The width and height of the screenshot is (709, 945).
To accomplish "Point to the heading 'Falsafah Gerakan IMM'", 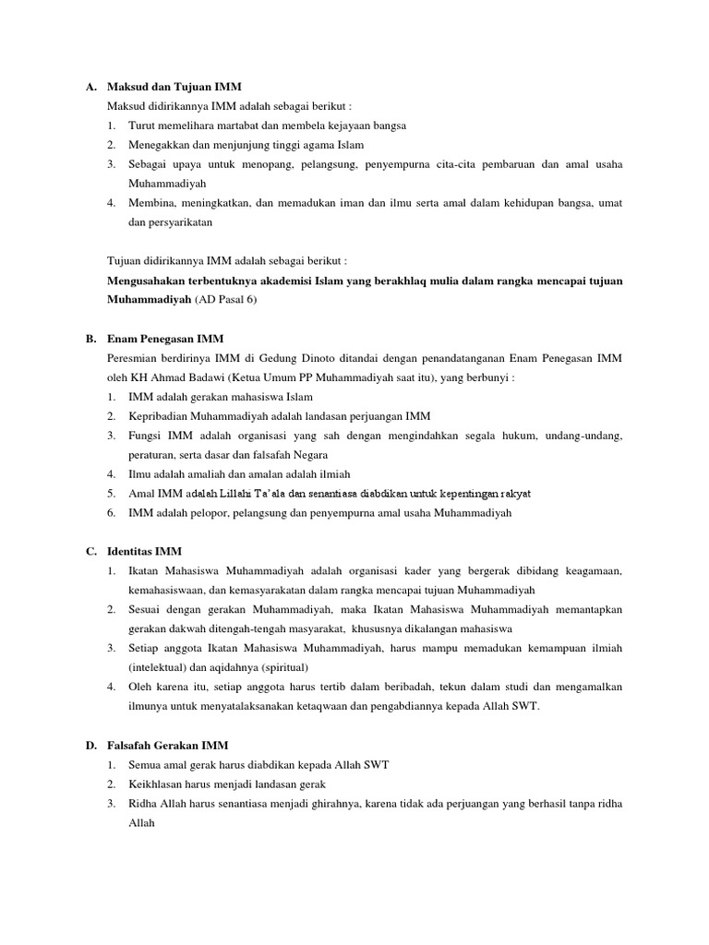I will click(167, 745).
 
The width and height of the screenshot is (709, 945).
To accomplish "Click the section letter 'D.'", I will click(92, 745).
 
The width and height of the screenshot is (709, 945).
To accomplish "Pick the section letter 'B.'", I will click(92, 340).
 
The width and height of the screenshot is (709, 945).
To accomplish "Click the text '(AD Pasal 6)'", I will click(224, 301).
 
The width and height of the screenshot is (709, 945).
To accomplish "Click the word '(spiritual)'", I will click(282, 667).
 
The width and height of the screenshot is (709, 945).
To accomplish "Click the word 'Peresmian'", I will click(135, 358).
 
